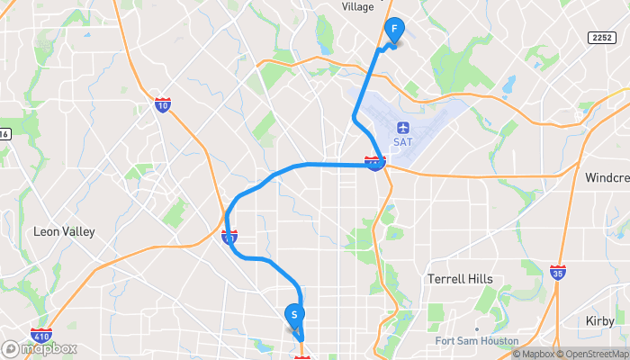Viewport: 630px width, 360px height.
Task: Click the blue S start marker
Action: tap(294, 315)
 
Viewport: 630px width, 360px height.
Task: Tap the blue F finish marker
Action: tap(394, 30)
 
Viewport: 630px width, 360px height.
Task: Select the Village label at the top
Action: tap(357, 6)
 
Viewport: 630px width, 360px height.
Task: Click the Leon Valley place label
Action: tap(64, 231)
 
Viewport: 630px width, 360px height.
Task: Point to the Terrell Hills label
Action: tap(460, 279)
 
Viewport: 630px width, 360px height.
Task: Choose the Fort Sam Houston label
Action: tap(476, 341)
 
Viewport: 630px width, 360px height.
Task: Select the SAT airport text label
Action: tap(402, 141)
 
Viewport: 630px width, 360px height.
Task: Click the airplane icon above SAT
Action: tap(402, 126)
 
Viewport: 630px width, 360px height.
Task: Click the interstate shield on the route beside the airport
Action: tap(374, 163)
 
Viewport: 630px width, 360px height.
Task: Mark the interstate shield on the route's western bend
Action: tap(229, 238)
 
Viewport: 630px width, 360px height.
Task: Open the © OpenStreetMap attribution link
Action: tap(592, 354)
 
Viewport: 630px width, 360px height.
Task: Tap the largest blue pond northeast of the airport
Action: tap(510, 86)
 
